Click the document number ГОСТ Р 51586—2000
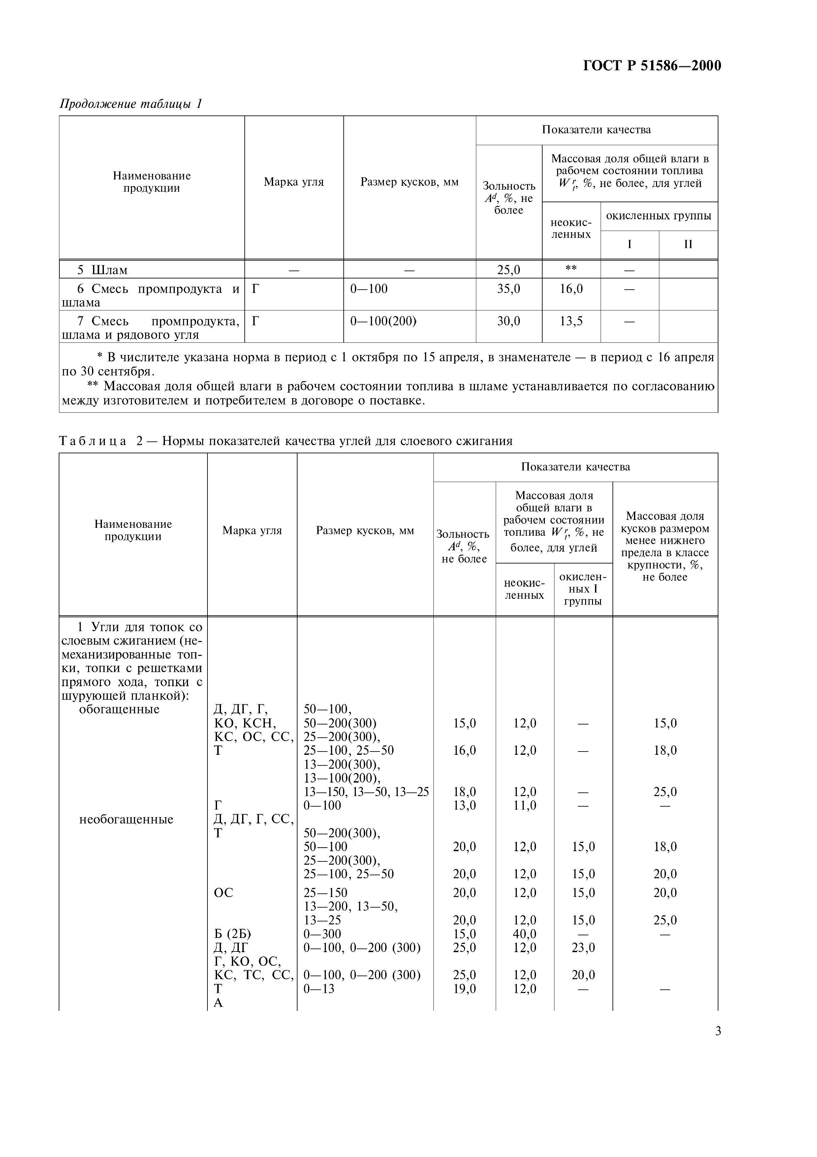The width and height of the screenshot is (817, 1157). click(x=652, y=66)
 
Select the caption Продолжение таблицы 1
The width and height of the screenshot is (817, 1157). click(x=131, y=104)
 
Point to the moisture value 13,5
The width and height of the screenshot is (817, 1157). click(x=571, y=321)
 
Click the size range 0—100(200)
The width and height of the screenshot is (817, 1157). click(x=383, y=321)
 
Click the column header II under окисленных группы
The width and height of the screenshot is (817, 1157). click(x=688, y=244)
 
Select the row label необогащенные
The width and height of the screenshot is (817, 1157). click(x=126, y=820)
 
